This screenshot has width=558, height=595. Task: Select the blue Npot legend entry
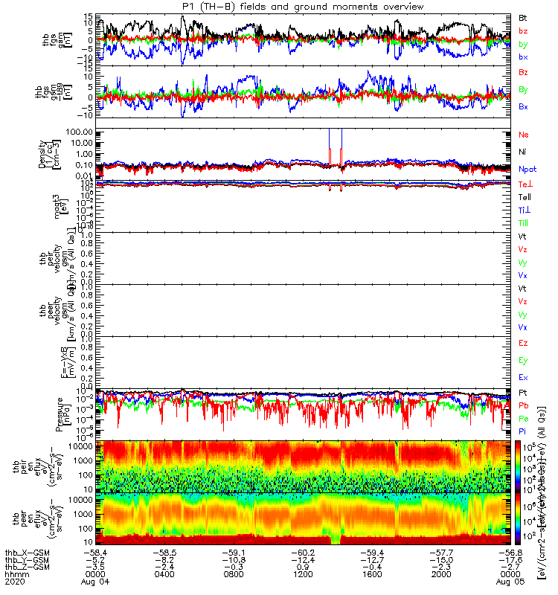(x=527, y=169)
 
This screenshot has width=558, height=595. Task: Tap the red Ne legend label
(x=523, y=135)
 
